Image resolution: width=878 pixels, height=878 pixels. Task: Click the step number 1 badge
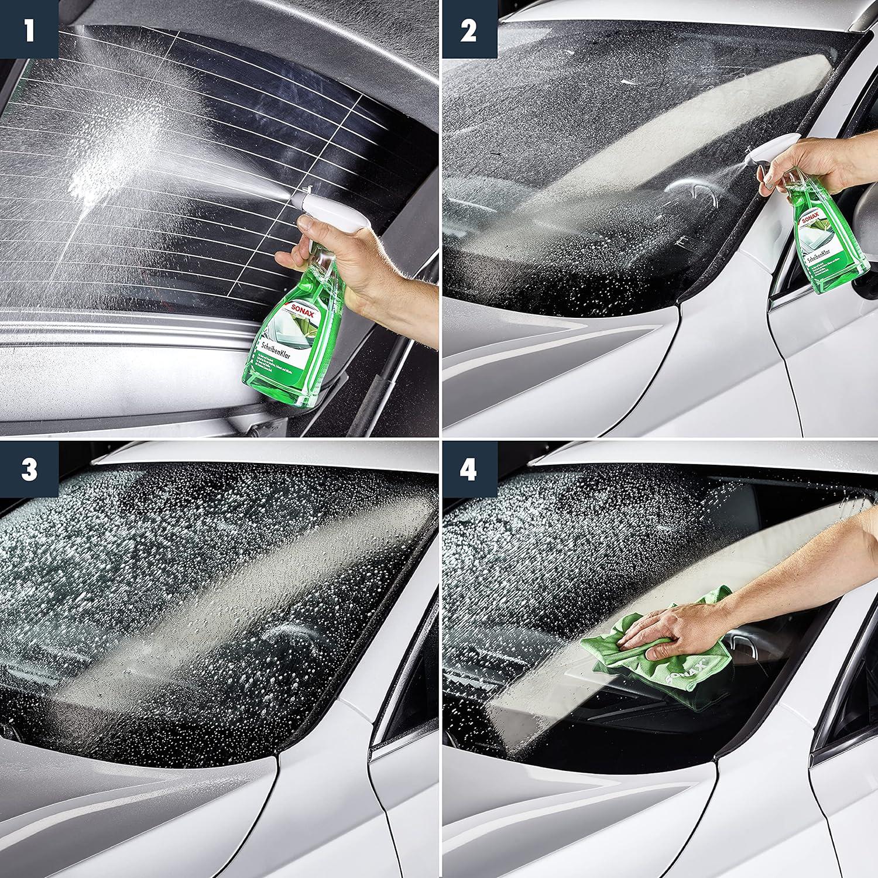point(29,29)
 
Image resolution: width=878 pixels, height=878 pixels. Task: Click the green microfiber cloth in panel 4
point(661,661)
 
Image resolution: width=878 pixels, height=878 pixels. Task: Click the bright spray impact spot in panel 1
point(88,181)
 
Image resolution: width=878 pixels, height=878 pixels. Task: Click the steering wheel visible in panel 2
point(694,193)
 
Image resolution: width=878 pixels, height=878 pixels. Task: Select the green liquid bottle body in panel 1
point(287,357)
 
